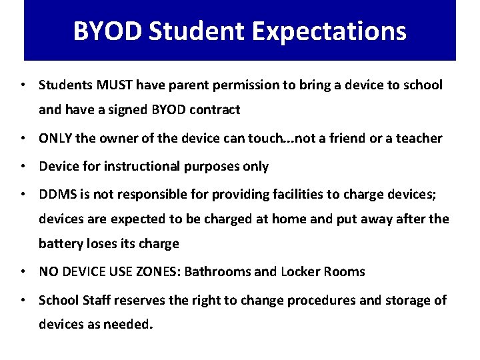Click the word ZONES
159,271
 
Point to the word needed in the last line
131,325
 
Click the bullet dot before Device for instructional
24,166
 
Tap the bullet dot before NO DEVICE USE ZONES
24,271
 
